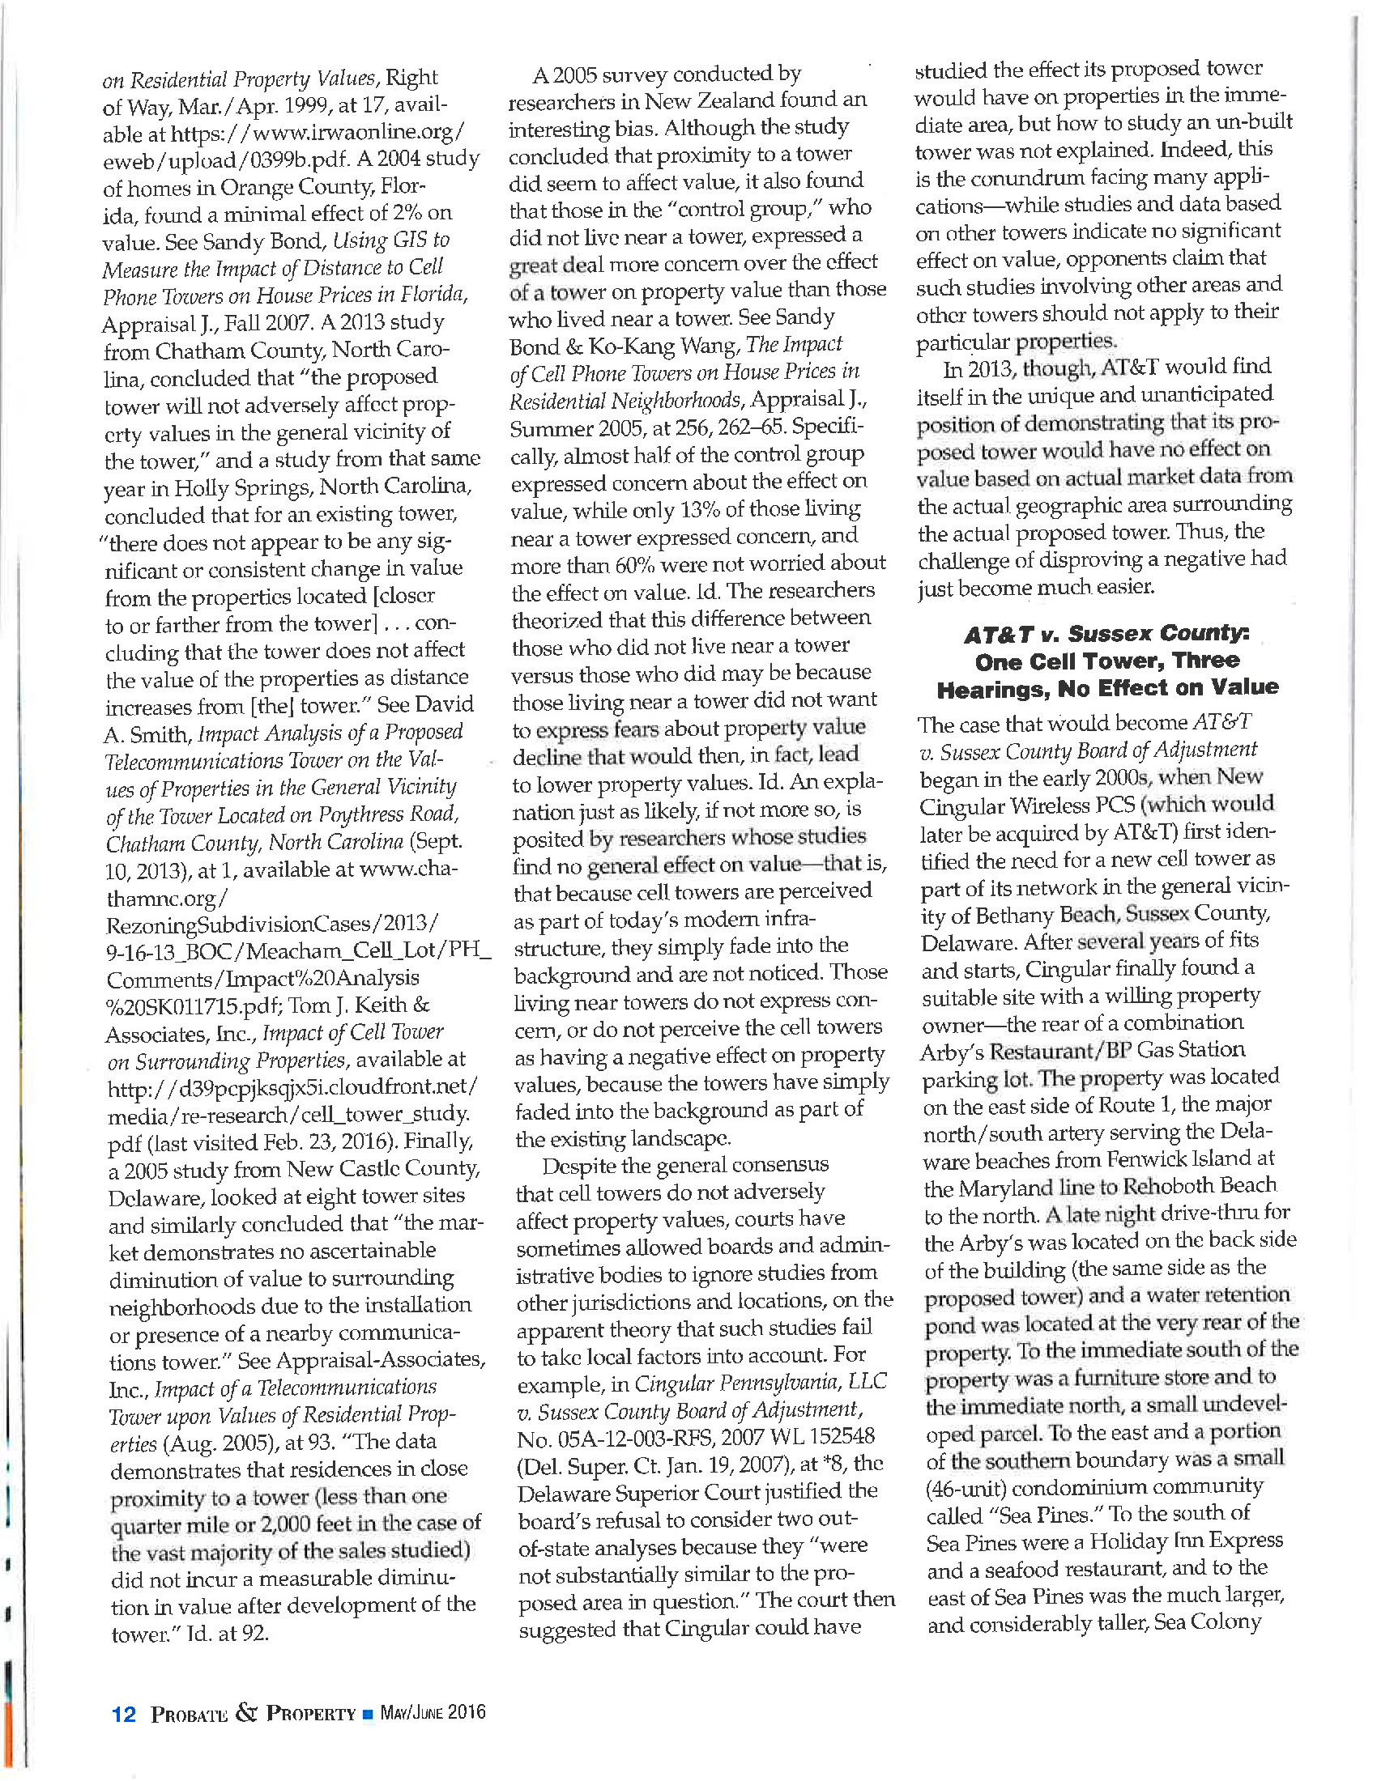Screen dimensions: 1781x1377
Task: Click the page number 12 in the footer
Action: pos(124,1715)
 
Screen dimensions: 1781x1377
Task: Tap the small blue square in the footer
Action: pos(368,1714)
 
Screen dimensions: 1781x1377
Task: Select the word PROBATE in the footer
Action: pos(190,1715)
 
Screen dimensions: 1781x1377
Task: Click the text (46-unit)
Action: pos(965,1488)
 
